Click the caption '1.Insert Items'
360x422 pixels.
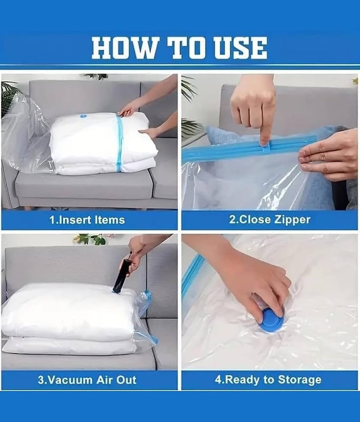pyautogui.click(x=87, y=220)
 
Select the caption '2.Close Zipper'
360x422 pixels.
pyautogui.click(x=270, y=219)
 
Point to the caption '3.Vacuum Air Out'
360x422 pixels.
pyautogui.click(x=87, y=380)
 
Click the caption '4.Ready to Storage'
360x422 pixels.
pyautogui.click(x=268, y=380)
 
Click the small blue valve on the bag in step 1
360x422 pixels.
pyautogui.click(x=83, y=116)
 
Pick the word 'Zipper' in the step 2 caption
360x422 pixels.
pyautogui.click(x=292, y=220)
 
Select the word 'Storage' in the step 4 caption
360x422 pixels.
pyautogui.click(x=300, y=380)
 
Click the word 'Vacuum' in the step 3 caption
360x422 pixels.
pyautogui.click(x=65, y=380)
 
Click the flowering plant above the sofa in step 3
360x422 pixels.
pyautogui.click(x=91, y=238)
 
